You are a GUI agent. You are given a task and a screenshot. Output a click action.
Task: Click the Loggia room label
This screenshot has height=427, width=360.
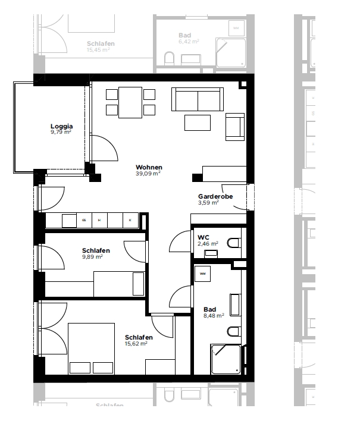pyautogui.click(x=61, y=126)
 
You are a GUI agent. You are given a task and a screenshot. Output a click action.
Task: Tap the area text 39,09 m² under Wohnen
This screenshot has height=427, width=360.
pyautogui.click(x=149, y=174)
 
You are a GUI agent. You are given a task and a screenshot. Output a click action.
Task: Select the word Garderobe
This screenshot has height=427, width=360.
pyautogui.click(x=215, y=196)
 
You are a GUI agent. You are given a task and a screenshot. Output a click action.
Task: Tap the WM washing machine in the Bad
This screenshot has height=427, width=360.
pyautogui.click(x=203, y=275)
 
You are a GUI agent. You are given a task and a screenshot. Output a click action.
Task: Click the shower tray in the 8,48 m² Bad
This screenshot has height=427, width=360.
pyautogui.click(x=226, y=359)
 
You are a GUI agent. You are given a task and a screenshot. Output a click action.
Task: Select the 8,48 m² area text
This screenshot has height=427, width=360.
pyautogui.click(x=213, y=316)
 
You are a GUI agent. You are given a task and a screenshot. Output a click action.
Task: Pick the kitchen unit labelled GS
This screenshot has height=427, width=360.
pyautogui.click(x=84, y=221)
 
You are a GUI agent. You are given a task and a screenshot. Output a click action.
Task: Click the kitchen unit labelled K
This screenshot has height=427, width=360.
pyautogui.click(x=130, y=221)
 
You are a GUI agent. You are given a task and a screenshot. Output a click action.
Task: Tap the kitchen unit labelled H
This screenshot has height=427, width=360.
pyautogui.click(x=99, y=221)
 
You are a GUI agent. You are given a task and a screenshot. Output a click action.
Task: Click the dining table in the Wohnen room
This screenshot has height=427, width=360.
pyautogui.click(x=130, y=102)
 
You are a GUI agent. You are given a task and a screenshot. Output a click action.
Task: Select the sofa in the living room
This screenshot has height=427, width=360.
pyautogui.click(x=197, y=99)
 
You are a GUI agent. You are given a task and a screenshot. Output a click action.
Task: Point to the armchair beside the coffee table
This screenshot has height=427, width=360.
pyautogui.click(x=234, y=126)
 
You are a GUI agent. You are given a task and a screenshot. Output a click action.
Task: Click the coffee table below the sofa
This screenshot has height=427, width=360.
pyautogui.click(x=197, y=122)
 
